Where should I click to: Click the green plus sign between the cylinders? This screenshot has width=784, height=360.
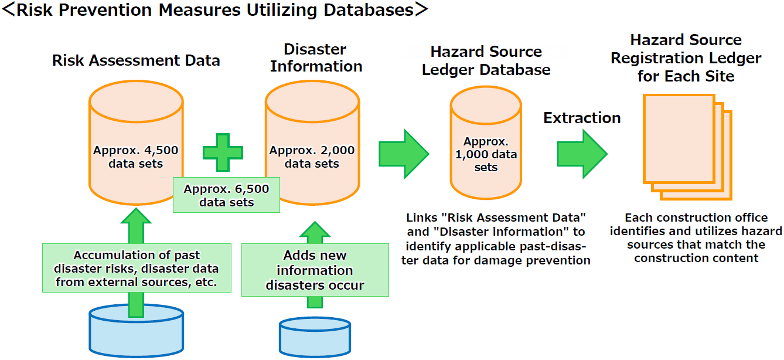(x=223, y=152)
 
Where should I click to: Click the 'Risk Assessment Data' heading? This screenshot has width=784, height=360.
(x=136, y=60)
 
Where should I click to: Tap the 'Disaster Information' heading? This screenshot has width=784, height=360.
(x=316, y=58)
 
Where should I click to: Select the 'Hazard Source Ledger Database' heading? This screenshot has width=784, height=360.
(x=486, y=60)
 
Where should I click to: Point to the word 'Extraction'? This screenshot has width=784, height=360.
(x=582, y=118)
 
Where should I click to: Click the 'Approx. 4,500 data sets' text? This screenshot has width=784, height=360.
(x=135, y=157)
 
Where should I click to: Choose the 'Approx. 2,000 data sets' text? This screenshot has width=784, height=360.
(x=312, y=157)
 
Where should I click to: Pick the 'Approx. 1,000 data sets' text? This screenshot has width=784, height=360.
(x=486, y=155)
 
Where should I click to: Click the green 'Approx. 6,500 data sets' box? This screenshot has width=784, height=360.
(x=226, y=196)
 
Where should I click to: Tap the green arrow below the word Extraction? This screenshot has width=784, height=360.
(x=581, y=154)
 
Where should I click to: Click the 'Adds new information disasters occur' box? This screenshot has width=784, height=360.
(x=315, y=270)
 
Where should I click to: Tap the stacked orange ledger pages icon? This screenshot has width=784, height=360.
(x=687, y=147)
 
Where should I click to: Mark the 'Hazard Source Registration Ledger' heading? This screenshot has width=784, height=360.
(x=686, y=58)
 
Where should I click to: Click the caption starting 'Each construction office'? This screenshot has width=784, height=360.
(x=696, y=237)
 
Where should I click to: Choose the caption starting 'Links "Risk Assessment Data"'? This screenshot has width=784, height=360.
(x=496, y=239)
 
